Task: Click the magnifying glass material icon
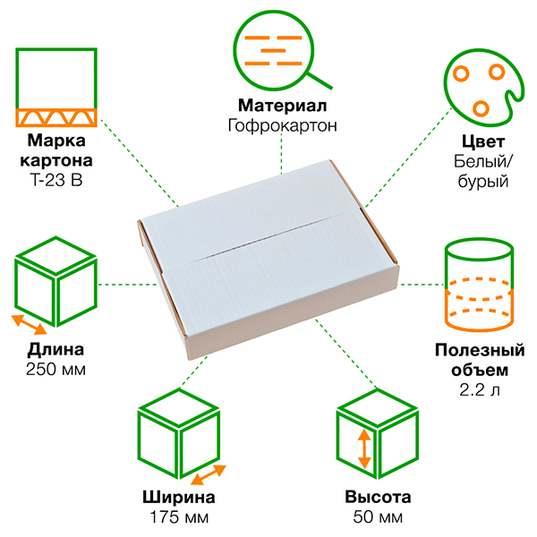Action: click(279, 49)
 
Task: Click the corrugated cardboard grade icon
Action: click(56, 88)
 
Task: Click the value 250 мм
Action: click(56, 369)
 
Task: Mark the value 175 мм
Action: click(179, 517)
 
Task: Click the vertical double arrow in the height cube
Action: click(363, 448)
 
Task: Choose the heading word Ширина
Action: click(179, 498)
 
